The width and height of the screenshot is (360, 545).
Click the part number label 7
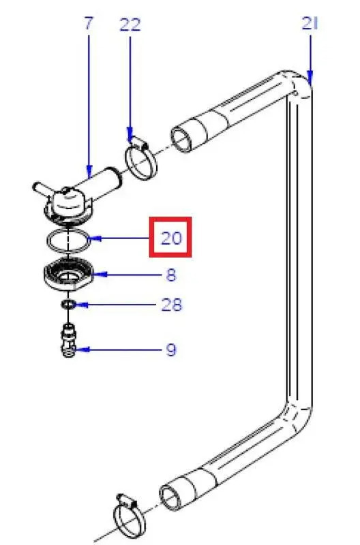pyautogui.click(x=89, y=23)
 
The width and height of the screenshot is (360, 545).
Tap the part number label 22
pyautogui.click(x=130, y=25)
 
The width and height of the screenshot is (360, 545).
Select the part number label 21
pyautogui.click(x=310, y=24)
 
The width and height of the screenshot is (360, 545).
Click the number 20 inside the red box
pyautogui.click(x=171, y=238)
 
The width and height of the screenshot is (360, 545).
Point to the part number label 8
pyautogui.click(x=170, y=275)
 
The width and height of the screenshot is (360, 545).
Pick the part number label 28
pyautogui.click(x=171, y=305)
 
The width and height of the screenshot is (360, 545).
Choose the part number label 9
pyautogui.click(x=170, y=349)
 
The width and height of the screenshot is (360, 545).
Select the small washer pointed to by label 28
pyautogui.click(x=68, y=305)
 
